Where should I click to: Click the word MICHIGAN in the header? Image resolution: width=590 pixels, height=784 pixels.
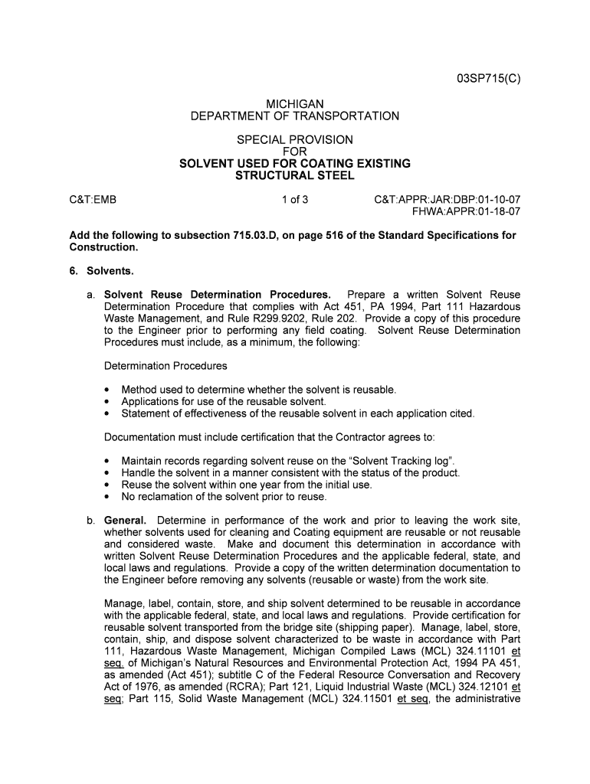pyautogui.click(x=295, y=104)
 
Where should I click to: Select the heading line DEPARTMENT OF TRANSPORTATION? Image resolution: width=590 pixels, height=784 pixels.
pyautogui.click(x=295, y=116)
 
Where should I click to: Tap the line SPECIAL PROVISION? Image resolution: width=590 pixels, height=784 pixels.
pyautogui.click(x=295, y=140)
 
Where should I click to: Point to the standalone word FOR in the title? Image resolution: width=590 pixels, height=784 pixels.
pyautogui.click(x=295, y=152)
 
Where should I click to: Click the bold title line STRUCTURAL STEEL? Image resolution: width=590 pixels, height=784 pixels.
pyautogui.click(x=295, y=175)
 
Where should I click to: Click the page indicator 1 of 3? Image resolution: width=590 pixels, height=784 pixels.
pyautogui.click(x=295, y=200)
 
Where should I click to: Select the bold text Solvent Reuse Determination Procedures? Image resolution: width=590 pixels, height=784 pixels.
pyautogui.click(x=218, y=295)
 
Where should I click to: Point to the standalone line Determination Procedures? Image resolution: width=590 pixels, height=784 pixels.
pyautogui.click(x=166, y=366)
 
